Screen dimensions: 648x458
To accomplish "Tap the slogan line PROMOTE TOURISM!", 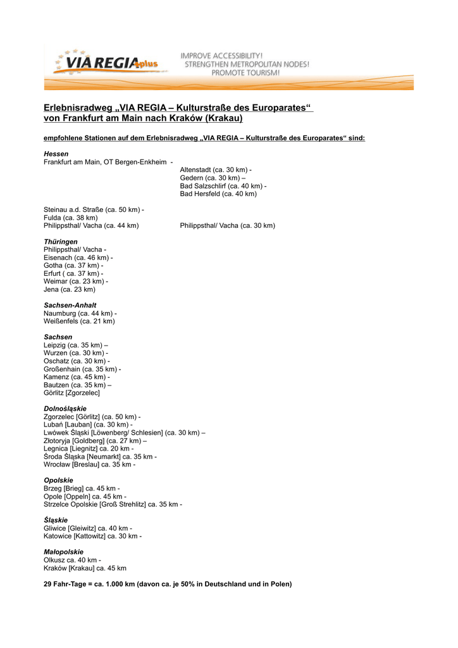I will [245, 73].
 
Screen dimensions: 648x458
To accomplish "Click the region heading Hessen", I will [56, 154].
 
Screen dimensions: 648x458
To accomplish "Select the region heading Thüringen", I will [61, 242].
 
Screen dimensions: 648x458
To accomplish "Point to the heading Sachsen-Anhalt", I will [70, 305].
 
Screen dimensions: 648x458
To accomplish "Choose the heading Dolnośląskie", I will [65, 409].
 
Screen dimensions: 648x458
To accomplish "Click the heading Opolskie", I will [58, 480].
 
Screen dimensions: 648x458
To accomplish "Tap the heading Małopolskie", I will [63, 552].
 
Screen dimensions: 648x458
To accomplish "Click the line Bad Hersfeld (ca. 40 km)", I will [218, 194].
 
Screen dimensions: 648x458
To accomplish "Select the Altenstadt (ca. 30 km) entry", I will [215, 170].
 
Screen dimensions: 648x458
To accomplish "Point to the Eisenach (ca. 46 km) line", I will [78, 258].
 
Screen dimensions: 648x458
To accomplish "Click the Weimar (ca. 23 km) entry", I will [75, 281].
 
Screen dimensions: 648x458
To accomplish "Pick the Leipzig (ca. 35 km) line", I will [75, 345].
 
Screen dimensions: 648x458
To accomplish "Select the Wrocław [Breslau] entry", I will [89, 464].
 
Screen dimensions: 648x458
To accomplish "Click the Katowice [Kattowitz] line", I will [92, 536].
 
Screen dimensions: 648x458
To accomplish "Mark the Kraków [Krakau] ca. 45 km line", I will [85, 568].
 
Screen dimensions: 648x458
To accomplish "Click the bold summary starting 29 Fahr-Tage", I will [168, 584].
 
